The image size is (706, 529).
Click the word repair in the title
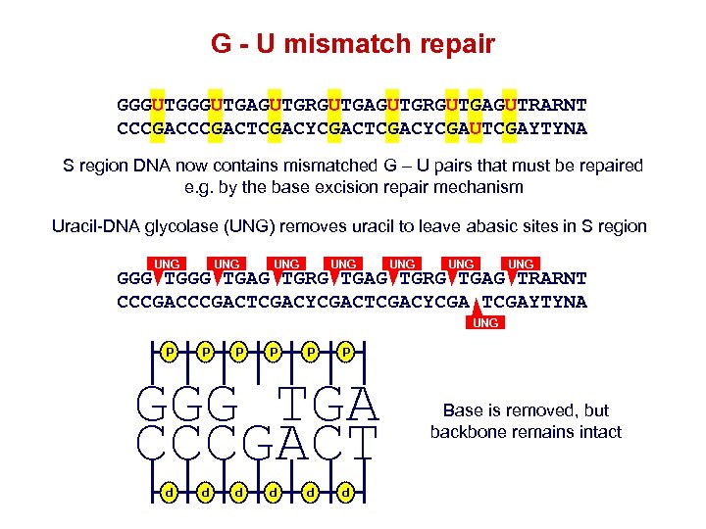pyautogui.click(x=454, y=44)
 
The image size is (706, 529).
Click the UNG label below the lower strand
pyautogui.click(x=485, y=322)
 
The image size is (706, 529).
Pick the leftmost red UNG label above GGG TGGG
pyautogui.click(x=168, y=264)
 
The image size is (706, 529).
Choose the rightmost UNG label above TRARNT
pyautogui.click(x=521, y=264)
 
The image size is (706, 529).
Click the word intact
pyautogui.click(x=599, y=432)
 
